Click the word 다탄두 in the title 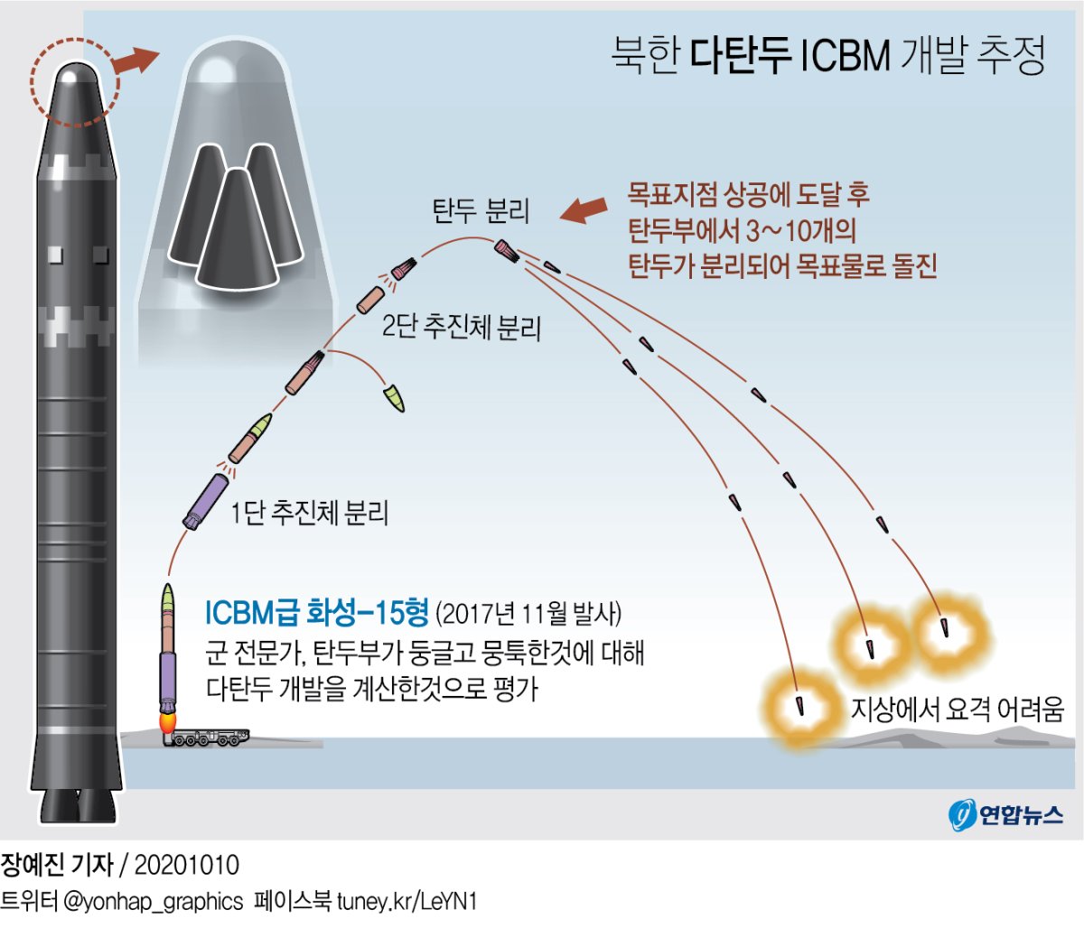coord(742,55)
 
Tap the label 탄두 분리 coord(480,211)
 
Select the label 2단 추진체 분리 coord(461,326)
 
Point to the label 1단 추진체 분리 coord(309,514)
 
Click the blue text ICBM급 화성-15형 coord(316,614)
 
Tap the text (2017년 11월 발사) coord(528,615)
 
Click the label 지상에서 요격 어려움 coord(958,709)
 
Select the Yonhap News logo coord(1005,814)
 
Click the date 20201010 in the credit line coord(187,865)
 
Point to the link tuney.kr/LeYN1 coord(406,901)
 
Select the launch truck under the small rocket coord(206,738)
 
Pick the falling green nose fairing coord(394,397)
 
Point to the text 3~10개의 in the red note coord(800,230)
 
